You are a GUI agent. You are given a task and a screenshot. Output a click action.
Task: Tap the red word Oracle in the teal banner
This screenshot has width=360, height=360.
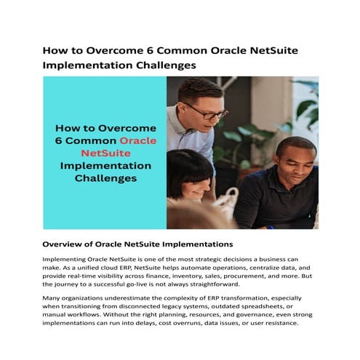pyautogui.click(x=137, y=140)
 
